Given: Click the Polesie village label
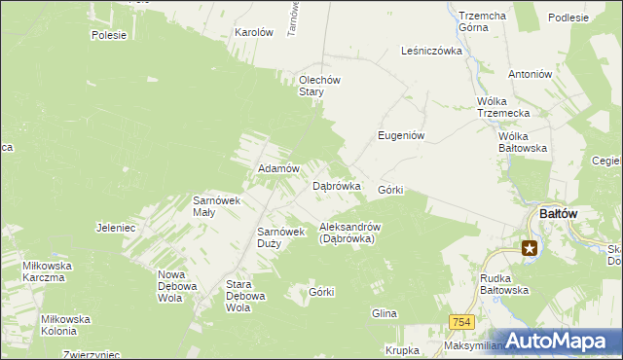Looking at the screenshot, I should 109,35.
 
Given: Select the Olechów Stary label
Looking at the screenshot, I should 318,86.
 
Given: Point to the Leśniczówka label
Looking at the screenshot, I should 431,51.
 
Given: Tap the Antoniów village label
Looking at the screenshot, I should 531,73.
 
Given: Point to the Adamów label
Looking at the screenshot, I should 276,168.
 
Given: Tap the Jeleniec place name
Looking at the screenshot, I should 116,228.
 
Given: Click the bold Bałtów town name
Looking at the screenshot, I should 559,214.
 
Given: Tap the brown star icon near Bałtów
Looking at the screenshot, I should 530,249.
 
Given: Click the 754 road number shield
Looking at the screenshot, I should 462,322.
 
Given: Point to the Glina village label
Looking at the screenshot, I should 384,313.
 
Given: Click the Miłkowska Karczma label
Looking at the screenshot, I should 45,270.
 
